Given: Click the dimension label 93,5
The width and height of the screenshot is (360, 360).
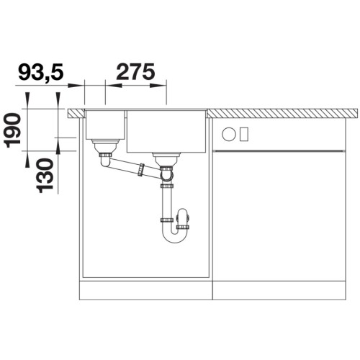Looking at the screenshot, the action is pos(40,71).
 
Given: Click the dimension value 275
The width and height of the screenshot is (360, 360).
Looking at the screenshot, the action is pos(135,71).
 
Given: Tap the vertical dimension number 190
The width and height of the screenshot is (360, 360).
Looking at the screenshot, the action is pos(12,131).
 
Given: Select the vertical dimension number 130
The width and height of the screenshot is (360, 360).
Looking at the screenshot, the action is pos(45,176).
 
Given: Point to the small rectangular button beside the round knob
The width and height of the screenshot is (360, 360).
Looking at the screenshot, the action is pos(244,134).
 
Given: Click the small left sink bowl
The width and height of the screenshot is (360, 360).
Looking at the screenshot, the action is pos(105,125).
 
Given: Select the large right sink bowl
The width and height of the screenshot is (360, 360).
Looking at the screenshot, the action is pos(166,131).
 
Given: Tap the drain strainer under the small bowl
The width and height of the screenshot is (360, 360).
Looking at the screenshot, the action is pos(105,146).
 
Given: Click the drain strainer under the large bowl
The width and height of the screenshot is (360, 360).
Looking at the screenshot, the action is pos(166,159).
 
